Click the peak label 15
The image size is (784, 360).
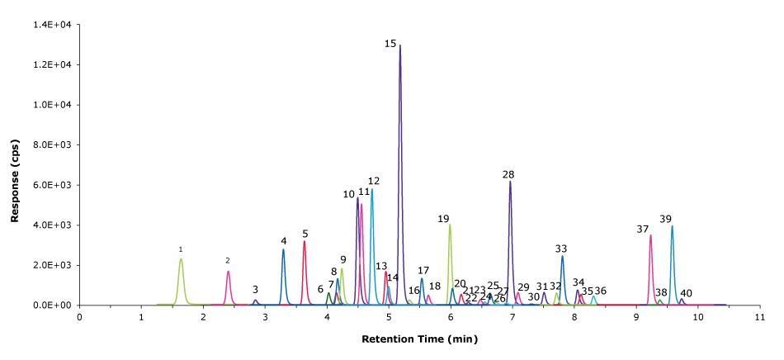390,43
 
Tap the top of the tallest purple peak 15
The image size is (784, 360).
400,46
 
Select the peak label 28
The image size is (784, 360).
508,174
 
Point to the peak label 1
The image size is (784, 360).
181,249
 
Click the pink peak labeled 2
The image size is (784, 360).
229,272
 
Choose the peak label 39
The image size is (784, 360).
665,219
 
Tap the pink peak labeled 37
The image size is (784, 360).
650,237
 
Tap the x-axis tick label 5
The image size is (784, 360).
389,317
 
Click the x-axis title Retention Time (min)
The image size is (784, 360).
419,339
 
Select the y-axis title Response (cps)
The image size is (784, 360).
15,165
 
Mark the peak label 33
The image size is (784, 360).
561,248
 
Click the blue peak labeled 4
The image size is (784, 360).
283,251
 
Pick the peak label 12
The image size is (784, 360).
374,181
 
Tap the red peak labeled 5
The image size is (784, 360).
305,243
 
